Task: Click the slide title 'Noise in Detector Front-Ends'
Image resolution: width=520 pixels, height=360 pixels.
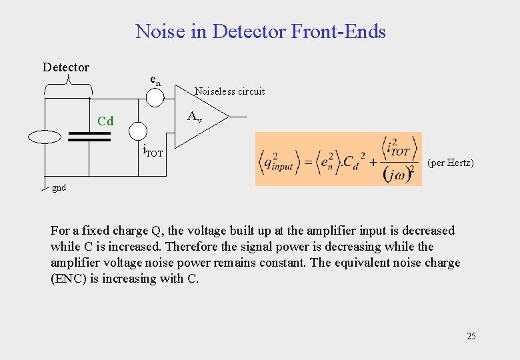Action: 260,31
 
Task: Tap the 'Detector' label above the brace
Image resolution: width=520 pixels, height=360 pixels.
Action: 65,67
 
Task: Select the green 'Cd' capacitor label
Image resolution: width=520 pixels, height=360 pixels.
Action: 105,121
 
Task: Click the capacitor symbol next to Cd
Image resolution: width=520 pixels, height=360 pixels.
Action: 89,137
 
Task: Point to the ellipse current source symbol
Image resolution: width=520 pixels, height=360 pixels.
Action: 45,137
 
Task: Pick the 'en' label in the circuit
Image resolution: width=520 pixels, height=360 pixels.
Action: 155,81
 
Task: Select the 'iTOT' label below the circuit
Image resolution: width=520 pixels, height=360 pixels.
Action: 153,151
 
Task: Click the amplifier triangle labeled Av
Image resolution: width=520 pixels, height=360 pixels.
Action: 197,118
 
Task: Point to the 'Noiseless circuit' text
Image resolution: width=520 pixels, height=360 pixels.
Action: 229,91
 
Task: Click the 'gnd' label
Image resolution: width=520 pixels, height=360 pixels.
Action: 59,188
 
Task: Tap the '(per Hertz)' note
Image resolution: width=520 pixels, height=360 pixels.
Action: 451,163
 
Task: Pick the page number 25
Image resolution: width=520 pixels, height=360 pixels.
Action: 471,336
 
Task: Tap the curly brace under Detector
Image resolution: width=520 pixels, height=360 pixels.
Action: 68,84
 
